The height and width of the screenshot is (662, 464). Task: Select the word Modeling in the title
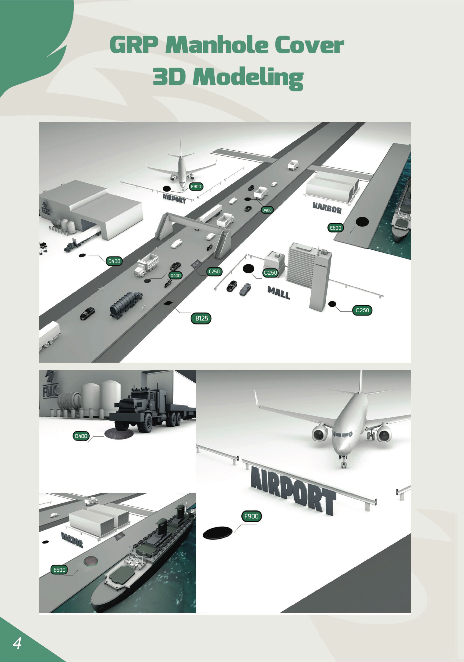click(x=248, y=77)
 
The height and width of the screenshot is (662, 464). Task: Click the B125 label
click(x=201, y=318)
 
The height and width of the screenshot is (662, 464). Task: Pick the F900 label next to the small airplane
click(x=196, y=186)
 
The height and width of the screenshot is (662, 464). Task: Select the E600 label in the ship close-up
click(x=60, y=570)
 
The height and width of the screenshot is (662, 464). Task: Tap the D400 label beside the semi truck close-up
click(x=81, y=436)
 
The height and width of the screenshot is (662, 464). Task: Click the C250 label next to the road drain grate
click(x=214, y=271)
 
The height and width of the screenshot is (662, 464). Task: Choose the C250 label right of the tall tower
click(x=362, y=310)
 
